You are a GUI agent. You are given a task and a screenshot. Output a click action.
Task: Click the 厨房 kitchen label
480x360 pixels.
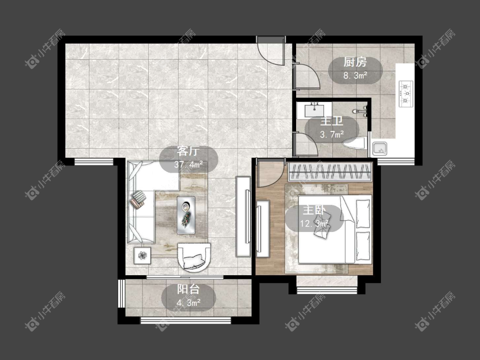point(355,62)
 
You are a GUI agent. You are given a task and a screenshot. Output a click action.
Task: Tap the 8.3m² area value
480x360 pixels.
point(355,75)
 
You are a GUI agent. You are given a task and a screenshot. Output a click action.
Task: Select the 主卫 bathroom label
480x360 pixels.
point(332,121)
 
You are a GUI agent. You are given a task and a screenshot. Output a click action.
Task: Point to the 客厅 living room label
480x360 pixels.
point(189,151)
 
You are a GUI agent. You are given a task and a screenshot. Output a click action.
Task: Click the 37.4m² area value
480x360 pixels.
point(189,165)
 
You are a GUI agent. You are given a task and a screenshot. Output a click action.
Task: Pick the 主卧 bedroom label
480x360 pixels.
point(314,211)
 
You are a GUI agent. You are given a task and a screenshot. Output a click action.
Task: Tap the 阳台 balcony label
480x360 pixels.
point(189,289)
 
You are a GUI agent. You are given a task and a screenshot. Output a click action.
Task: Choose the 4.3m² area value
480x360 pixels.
point(189,303)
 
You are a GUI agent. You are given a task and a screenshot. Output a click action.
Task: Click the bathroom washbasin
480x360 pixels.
point(314,110)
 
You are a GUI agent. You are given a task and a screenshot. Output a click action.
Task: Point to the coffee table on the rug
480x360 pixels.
point(186,215)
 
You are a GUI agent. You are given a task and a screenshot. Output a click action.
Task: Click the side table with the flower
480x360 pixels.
point(143,255)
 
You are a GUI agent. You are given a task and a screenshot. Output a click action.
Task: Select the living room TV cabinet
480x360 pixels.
point(243,216)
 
